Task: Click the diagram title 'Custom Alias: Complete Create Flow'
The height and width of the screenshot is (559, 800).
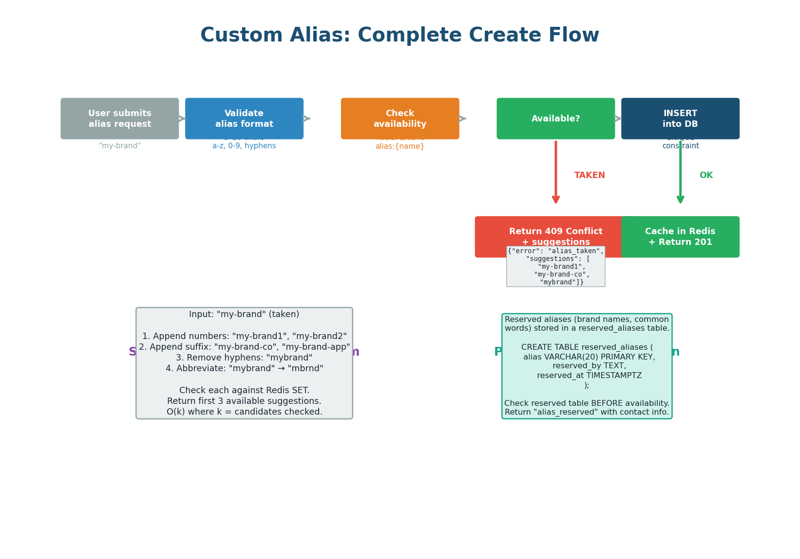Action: coord(400,36)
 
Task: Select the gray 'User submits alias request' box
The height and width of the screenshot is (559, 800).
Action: coord(119,119)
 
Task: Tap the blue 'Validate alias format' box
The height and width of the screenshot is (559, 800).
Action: coord(244,119)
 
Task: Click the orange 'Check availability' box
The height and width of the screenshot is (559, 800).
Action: coord(400,119)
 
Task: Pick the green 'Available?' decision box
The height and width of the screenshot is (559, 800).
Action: coord(555,119)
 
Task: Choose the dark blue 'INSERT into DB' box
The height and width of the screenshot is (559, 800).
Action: coord(680,119)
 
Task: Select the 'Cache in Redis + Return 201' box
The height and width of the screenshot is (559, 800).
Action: coord(680,237)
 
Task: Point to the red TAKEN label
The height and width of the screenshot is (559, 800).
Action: coord(590,176)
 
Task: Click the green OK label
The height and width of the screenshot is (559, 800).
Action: coord(706,176)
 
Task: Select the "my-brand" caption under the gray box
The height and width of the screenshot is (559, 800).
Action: coord(119,146)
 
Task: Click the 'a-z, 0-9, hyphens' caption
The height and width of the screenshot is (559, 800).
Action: coord(244,146)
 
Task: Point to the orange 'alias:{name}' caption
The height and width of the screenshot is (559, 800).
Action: coord(400,146)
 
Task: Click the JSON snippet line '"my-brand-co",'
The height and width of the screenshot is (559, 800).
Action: coord(562,275)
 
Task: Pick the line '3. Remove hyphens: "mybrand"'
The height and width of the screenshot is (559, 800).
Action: coord(244,358)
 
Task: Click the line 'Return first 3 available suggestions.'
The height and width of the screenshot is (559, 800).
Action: coord(244,401)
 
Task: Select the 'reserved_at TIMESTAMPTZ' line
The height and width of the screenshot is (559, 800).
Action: coord(589,376)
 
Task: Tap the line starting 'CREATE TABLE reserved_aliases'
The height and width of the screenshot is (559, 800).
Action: coord(587,347)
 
